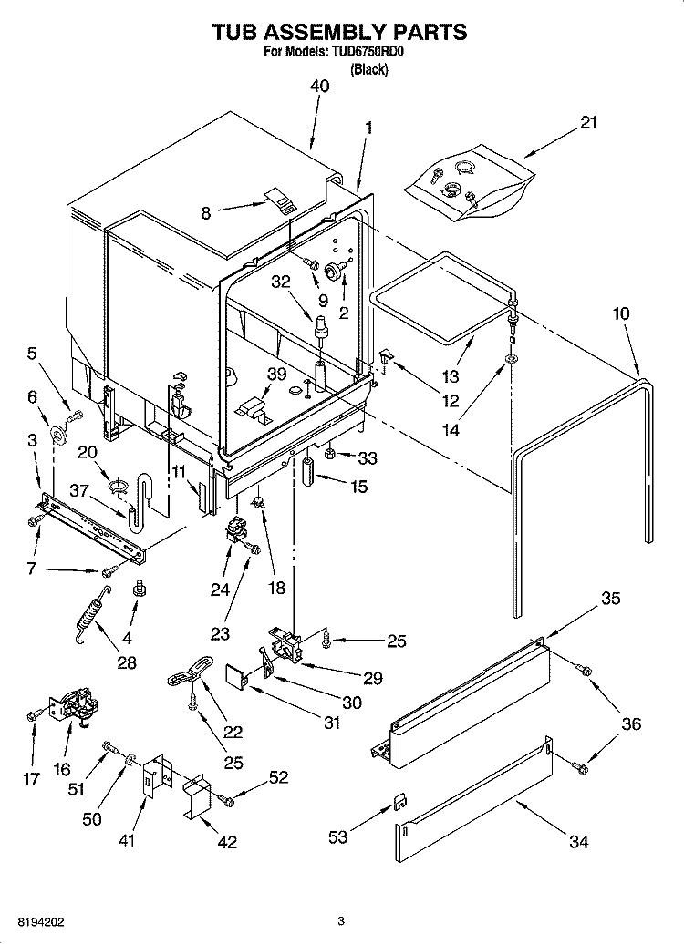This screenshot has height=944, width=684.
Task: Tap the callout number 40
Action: tap(319, 87)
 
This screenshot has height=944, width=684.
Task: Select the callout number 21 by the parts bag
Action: tap(588, 122)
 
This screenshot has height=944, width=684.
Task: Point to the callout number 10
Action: tap(620, 314)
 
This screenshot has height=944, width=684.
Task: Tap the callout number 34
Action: tap(578, 843)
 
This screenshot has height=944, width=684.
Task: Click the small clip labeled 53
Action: tap(399, 801)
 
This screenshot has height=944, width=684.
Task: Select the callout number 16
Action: tap(61, 769)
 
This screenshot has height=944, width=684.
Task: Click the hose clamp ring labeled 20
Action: tap(116, 486)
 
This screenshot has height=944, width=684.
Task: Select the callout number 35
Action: tap(610, 599)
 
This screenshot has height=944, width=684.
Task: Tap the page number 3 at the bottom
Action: tap(340, 920)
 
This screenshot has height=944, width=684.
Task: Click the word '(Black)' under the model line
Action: tap(369, 69)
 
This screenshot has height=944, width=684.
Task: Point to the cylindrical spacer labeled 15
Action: tap(308, 473)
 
